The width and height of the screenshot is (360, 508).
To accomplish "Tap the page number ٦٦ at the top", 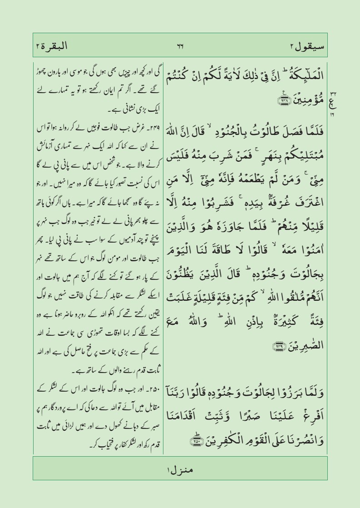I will tap(180, 46).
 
